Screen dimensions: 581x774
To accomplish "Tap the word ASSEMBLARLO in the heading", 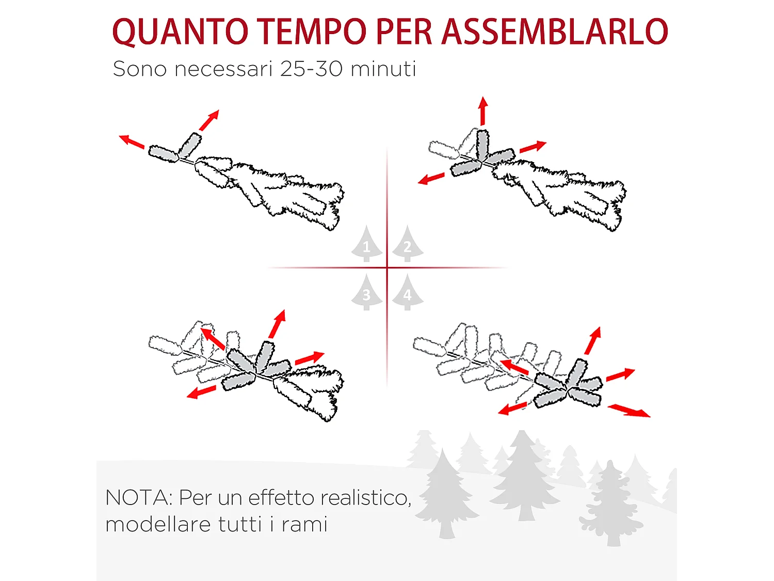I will click(x=555, y=32).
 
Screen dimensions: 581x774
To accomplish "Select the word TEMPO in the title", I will click(x=312, y=32).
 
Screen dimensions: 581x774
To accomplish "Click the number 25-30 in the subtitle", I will click(x=311, y=69).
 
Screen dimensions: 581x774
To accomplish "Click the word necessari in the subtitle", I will click(x=223, y=69).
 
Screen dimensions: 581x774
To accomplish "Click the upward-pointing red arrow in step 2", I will click(x=483, y=111).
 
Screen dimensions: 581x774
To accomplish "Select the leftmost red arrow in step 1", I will click(x=132, y=141).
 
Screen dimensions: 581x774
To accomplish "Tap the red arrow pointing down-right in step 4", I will click(x=629, y=411).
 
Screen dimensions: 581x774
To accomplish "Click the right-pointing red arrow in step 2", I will click(x=533, y=147).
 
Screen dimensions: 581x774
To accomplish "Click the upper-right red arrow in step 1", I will click(x=209, y=120).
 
